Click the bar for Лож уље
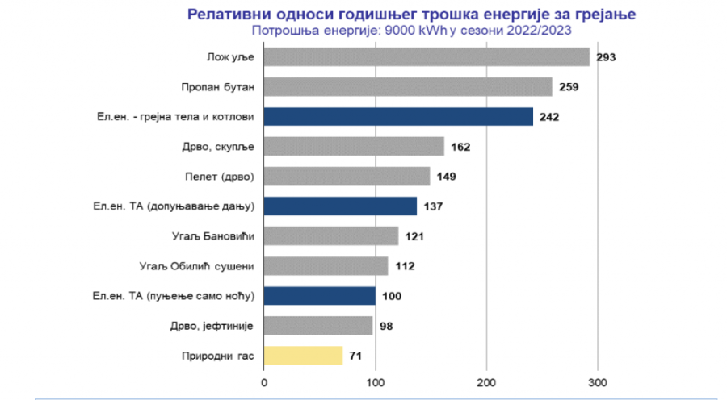(427, 57)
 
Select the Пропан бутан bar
(408, 87)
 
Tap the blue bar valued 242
(398, 117)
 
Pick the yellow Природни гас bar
(303, 356)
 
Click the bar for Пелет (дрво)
(347, 177)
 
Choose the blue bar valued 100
(319, 296)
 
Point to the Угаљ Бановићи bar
(331, 236)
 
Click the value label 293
(606, 57)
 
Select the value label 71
(356, 356)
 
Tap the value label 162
(460, 147)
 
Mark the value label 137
(433, 206)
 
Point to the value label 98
(385, 326)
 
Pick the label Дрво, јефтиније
(216, 326)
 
